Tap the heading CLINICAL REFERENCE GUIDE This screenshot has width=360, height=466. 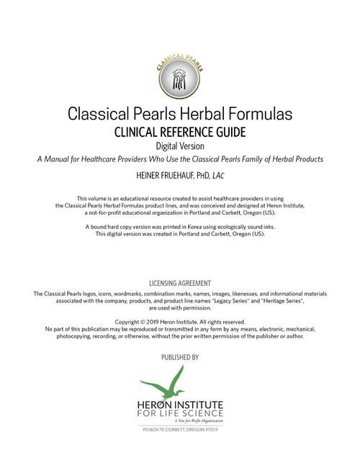tap(180, 133)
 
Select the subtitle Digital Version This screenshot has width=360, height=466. tap(180, 146)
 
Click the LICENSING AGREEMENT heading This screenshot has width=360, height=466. tap(180, 283)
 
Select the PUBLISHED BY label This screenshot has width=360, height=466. tap(180, 357)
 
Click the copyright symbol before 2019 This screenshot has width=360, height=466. tap(152, 321)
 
